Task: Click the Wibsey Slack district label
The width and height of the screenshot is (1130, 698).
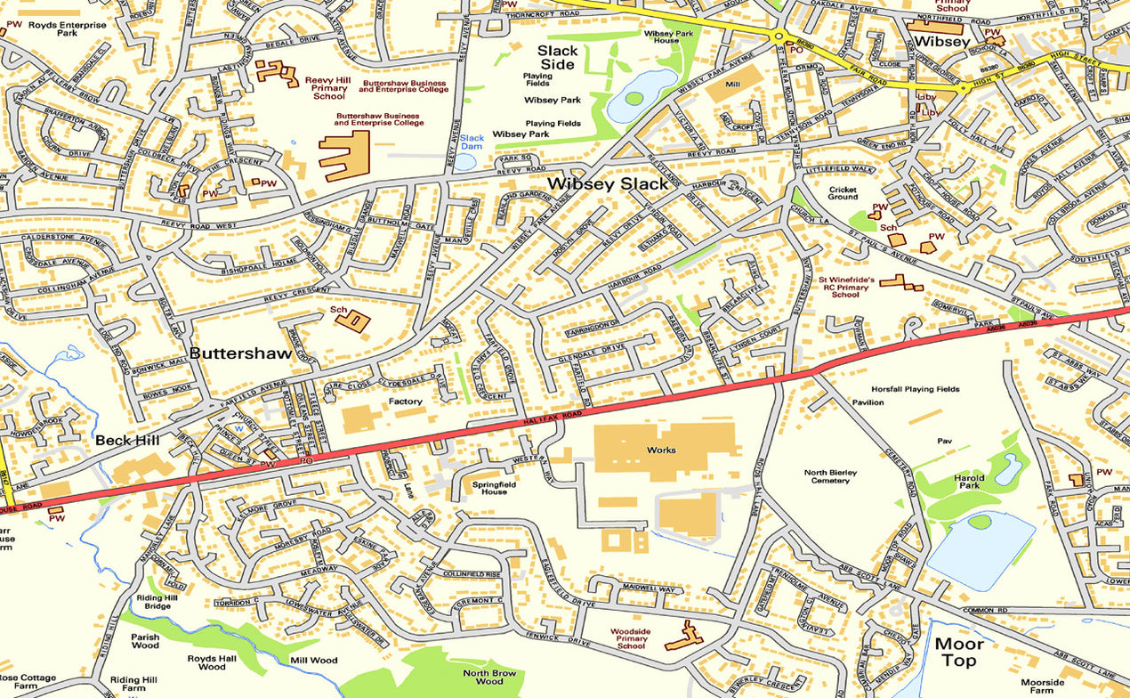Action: (607, 184)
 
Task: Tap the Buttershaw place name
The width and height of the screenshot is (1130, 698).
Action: (240, 353)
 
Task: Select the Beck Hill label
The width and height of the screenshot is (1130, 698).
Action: (127, 440)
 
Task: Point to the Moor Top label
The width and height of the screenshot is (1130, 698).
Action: (959, 652)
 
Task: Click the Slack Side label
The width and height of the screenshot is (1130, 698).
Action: (557, 58)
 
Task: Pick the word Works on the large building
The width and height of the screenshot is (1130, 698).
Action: (661, 450)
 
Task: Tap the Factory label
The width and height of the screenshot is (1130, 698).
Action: (405, 402)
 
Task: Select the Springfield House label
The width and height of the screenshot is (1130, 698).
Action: (495, 486)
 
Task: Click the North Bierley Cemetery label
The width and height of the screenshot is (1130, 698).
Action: (827, 476)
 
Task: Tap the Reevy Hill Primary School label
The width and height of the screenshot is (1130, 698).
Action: (326, 87)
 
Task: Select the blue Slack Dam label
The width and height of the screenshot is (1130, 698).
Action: (472, 142)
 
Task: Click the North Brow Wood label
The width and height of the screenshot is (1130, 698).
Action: (488, 678)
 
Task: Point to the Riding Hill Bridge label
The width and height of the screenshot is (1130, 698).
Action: (152, 602)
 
